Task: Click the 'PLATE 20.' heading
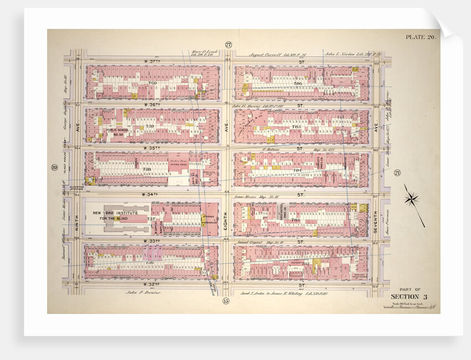pos(421,37)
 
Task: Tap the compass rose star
pos(413,199)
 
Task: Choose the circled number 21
pos(397,173)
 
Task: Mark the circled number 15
pos(226,301)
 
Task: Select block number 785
pos(296,127)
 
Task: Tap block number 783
pos(296,220)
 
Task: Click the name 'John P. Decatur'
pos(142,292)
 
